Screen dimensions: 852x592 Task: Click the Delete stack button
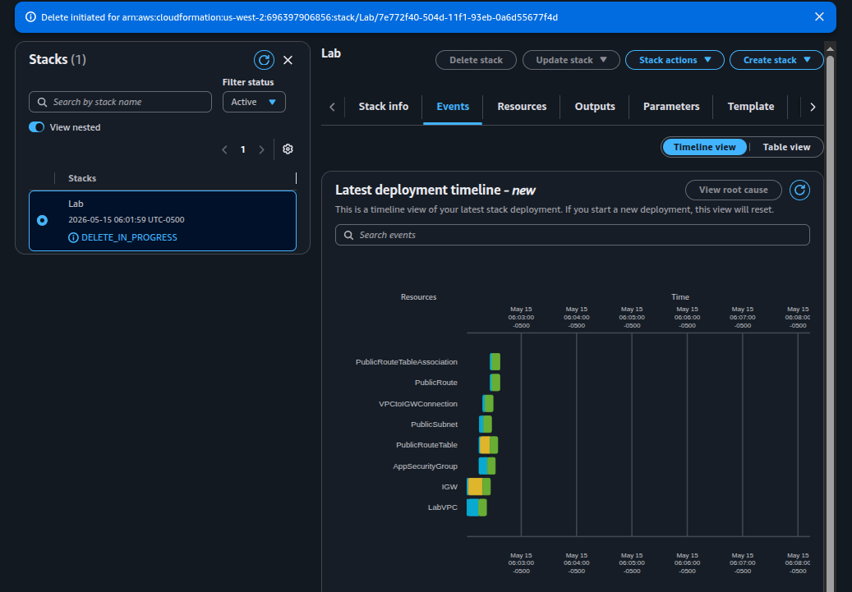(x=476, y=60)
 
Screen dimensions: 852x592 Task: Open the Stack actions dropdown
(x=675, y=60)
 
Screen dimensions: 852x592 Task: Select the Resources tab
(x=522, y=107)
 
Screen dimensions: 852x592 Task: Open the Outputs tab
(x=595, y=107)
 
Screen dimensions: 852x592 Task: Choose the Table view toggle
(x=786, y=147)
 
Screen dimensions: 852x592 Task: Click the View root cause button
(x=733, y=190)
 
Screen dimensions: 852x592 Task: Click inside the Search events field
(x=572, y=235)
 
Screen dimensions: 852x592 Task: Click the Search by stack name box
(x=120, y=102)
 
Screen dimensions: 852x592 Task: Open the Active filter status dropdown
(x=254, y=102)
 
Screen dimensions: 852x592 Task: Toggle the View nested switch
(x=36, y=127)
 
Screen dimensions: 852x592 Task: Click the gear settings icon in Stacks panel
(x=288, y=149)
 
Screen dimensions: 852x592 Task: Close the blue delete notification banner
(x=819, y=17)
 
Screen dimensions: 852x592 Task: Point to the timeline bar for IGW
(x=479, y=487)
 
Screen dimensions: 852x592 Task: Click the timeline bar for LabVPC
(x=477, y=507)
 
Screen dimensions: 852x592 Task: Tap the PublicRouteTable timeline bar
(x=488, y=445)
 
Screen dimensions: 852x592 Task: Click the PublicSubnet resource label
(x=434, y=424)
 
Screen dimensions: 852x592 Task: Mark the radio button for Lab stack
(x=43, y=221)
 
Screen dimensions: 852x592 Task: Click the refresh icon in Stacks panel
(x=264, y=60)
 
